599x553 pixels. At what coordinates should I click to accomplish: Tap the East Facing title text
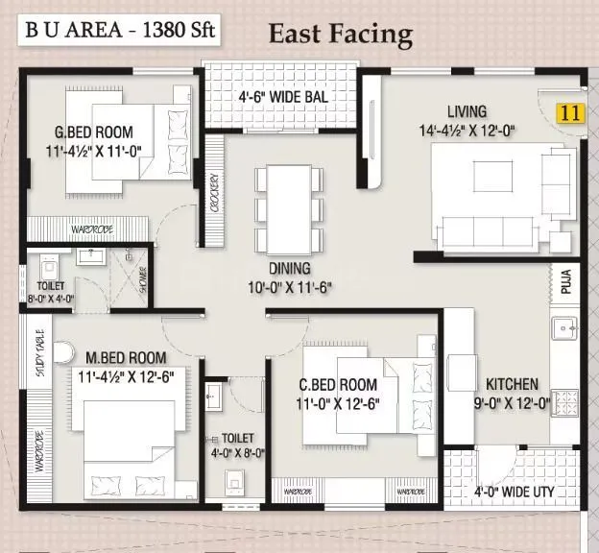click(340, 36)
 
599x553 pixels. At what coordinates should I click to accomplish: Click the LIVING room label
click(466, 112)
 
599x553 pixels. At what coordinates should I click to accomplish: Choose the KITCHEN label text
click(512, 384)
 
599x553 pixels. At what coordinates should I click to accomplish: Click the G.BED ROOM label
click(93, 132)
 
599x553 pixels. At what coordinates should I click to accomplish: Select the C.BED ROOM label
click(337, 385)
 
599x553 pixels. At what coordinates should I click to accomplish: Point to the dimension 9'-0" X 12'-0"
click(511, 404)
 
